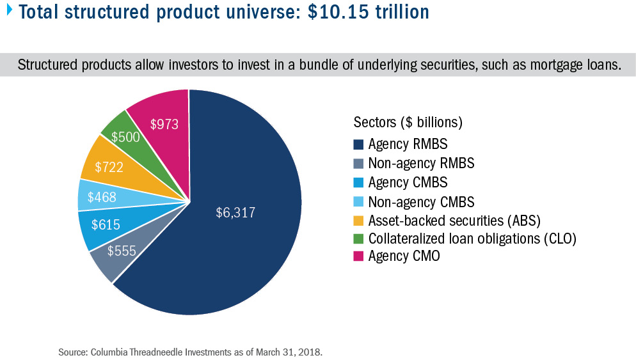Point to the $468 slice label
click(x=102, y=196)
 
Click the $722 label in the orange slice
click(x=110, y=168)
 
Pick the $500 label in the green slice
click(x=125, y=137)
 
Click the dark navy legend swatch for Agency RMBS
click(x=358, y=145)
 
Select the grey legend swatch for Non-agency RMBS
click(x=358, y=163)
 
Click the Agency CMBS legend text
click(x=408, y=182)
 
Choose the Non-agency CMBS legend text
click(x=421, y=201)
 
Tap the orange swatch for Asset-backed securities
click(x=358, y=221)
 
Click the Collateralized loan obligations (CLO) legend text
click(x=472, y=239)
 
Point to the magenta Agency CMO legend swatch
click(x=358, y=258)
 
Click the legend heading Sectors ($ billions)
click(x=407, y=121)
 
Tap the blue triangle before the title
click(x=8, y=10)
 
